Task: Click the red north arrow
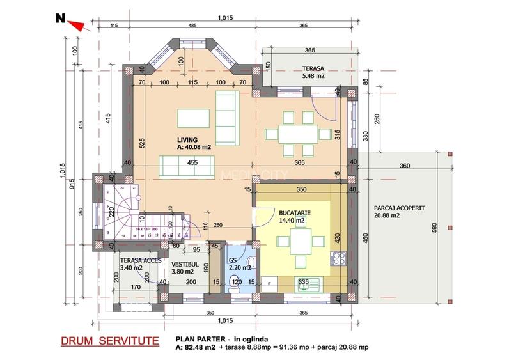[76, 24]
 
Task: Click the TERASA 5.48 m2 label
[314, 72]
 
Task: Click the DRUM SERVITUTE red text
[111, 341]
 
